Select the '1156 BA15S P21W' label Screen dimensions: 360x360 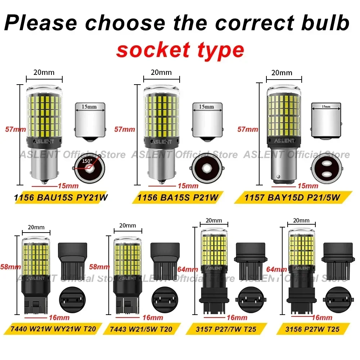pos(179,197)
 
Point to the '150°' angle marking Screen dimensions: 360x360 pos(87,161)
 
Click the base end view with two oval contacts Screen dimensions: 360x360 pos(325,168)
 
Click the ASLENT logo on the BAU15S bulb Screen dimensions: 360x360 pos(43,141)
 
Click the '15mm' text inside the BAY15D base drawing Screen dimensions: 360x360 pos(326,107)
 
